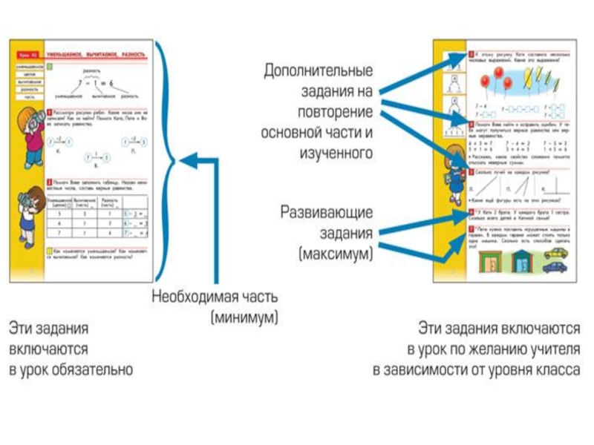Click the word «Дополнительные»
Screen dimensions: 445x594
pyautogui.click(x=317, y=72)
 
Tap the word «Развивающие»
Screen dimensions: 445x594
pyautogui.click(x=326, y=212)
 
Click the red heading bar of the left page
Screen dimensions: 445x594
pyautogui.click(x=83, y=55)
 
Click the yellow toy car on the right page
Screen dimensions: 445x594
pyautogui.click(x=553, y=252)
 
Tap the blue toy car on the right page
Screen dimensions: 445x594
pyautogui.click(x=554, y=267)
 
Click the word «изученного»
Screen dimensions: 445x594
pyautogui.click(x=338, y=154)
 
